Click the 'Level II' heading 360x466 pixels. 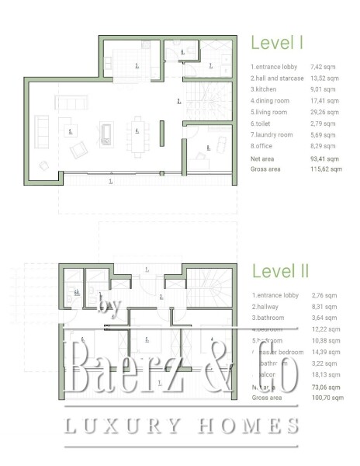tap(280, 271)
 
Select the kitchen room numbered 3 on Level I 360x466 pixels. tap(136, 64)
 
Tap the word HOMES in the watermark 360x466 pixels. tap(247, 425)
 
